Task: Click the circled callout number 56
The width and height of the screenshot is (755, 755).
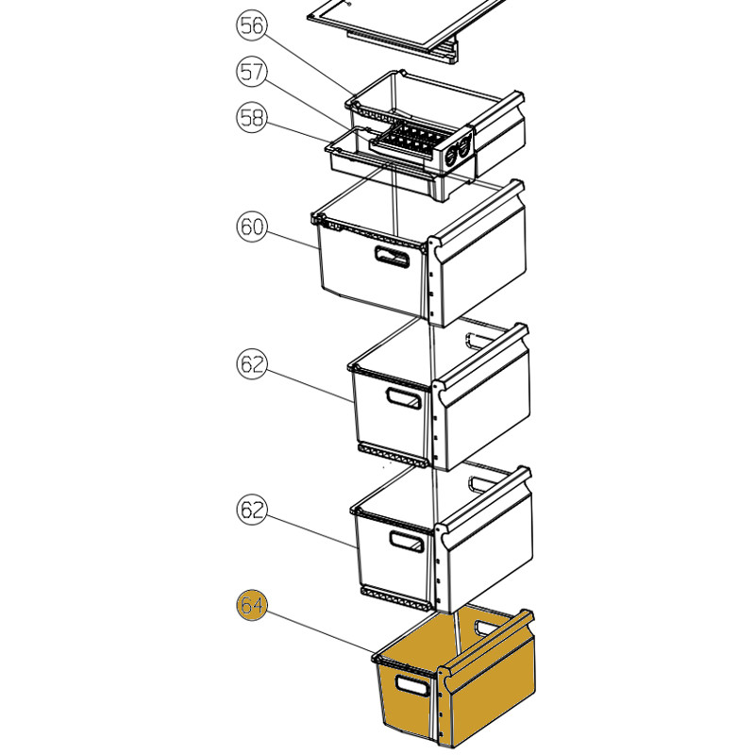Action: [252, 25]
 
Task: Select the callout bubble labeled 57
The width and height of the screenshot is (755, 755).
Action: [252, 72]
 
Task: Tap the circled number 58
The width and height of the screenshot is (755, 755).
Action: [252, 118]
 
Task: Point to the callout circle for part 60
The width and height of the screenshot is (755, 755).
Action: [252, 226]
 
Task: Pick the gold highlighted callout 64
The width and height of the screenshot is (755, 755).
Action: [252, 605]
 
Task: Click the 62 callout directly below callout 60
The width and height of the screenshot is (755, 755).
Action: [252, 364]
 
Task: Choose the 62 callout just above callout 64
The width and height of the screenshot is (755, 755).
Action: [252, 510]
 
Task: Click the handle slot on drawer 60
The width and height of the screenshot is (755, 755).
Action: [392, 257]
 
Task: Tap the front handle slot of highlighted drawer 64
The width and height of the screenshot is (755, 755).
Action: [411, 685]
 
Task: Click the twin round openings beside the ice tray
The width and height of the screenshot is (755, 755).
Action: [458, 151]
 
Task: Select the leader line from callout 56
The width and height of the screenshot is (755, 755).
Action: [310, 63]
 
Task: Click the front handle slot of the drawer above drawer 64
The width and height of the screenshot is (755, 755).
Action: [407, 541]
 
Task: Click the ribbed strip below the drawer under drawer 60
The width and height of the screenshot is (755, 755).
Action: [393, 456]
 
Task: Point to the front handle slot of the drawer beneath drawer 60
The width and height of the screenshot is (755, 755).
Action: [404, 398]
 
